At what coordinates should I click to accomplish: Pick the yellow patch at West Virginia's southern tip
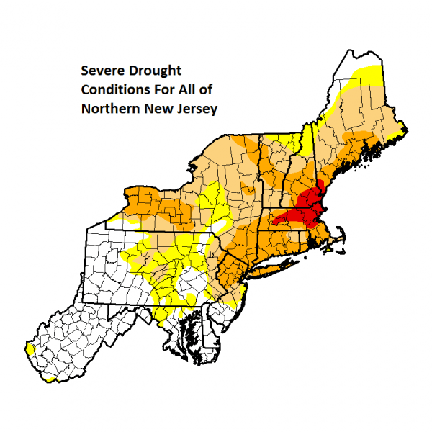click(x=50, y=376)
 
